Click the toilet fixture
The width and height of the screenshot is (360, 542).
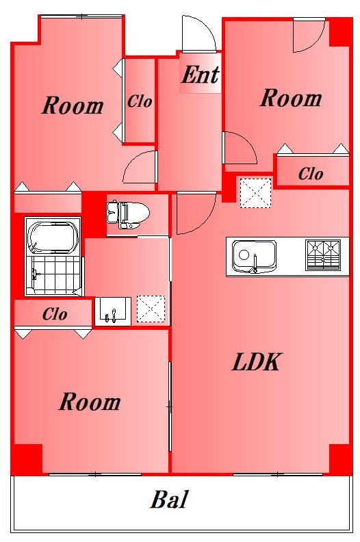pyautogui.click(x=128, y=215)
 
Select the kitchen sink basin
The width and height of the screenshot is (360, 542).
pyautogui.click(x=254, y=256)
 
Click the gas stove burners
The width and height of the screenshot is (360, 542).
pyautogui.click(x=323, y=255)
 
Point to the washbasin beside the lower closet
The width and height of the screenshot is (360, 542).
pyautogui.click(x=113, y=311)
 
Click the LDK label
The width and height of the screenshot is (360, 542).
pyautogui.click(x=256, y=362)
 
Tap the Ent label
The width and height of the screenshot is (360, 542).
pyautogui.click(x=201, y=75)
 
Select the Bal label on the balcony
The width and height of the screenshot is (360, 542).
pyautogui.click(x=169, y=499)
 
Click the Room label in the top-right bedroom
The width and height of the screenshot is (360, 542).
pyautogui.click(x=290, y=98)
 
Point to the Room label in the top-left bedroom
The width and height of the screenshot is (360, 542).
pyautogui.click(x=73, y=105)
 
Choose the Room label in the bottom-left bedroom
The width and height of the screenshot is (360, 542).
pyautogui.click(x=90, y=402)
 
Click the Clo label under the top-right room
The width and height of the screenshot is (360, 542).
pyautogui.click(x=311, y=174)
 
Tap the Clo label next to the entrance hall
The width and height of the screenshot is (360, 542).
pyautogui.click(x=140, y=101)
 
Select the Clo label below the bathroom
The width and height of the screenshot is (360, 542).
pyautogui.click(x=55, y=314)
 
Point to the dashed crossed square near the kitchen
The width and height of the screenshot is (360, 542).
pyautogui.click(x=255, y=193)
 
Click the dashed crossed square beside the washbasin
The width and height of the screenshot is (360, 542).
pyautogui.click(x=151, y=309)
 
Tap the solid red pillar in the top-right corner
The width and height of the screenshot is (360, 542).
pyautogui.click(x=340, y=31)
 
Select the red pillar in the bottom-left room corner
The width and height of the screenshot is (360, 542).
pyautogui.click(x=27, y=459)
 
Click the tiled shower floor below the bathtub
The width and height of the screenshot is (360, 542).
pyautogui.click(x=53, y=276)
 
